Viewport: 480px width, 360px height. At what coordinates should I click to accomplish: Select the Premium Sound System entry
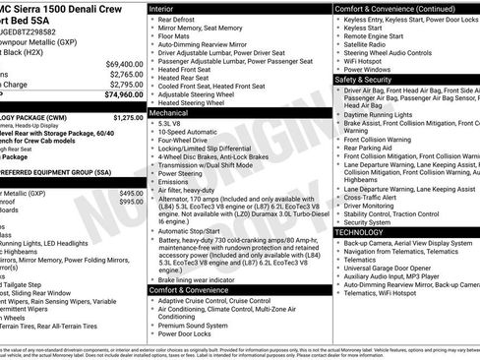point(192,324)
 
